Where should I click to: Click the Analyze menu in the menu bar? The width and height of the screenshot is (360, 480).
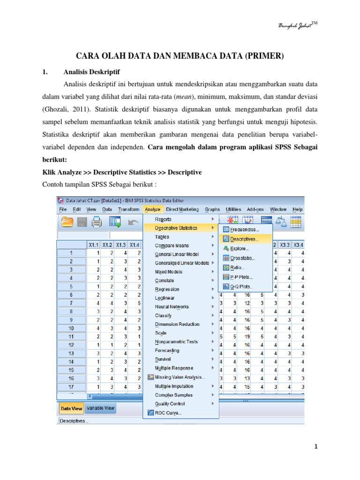[153, 209]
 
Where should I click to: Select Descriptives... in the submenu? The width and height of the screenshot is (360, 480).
[244, 239]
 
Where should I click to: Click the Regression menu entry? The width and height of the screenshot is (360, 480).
[167, 289]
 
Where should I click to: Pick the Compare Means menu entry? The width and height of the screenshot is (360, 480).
[172, 246]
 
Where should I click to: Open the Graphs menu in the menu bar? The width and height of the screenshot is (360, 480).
[212, 209]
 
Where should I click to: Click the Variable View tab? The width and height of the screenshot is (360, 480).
[100, 408]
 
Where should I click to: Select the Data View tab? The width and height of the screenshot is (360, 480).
[71, 408]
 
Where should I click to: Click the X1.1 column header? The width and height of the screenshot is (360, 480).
[94, 244]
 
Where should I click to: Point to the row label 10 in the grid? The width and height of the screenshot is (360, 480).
[71, 329]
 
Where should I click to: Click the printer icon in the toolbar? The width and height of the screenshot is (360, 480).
[97, 222]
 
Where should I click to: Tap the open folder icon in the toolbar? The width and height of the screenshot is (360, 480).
[67, 222]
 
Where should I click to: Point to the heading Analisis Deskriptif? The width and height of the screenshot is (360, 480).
[92, 72]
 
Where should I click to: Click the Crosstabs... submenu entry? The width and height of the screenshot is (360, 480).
[243, 258]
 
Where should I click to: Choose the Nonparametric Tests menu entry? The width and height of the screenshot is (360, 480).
[176, 342]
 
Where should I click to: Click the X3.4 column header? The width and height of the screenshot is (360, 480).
[298, 245]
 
